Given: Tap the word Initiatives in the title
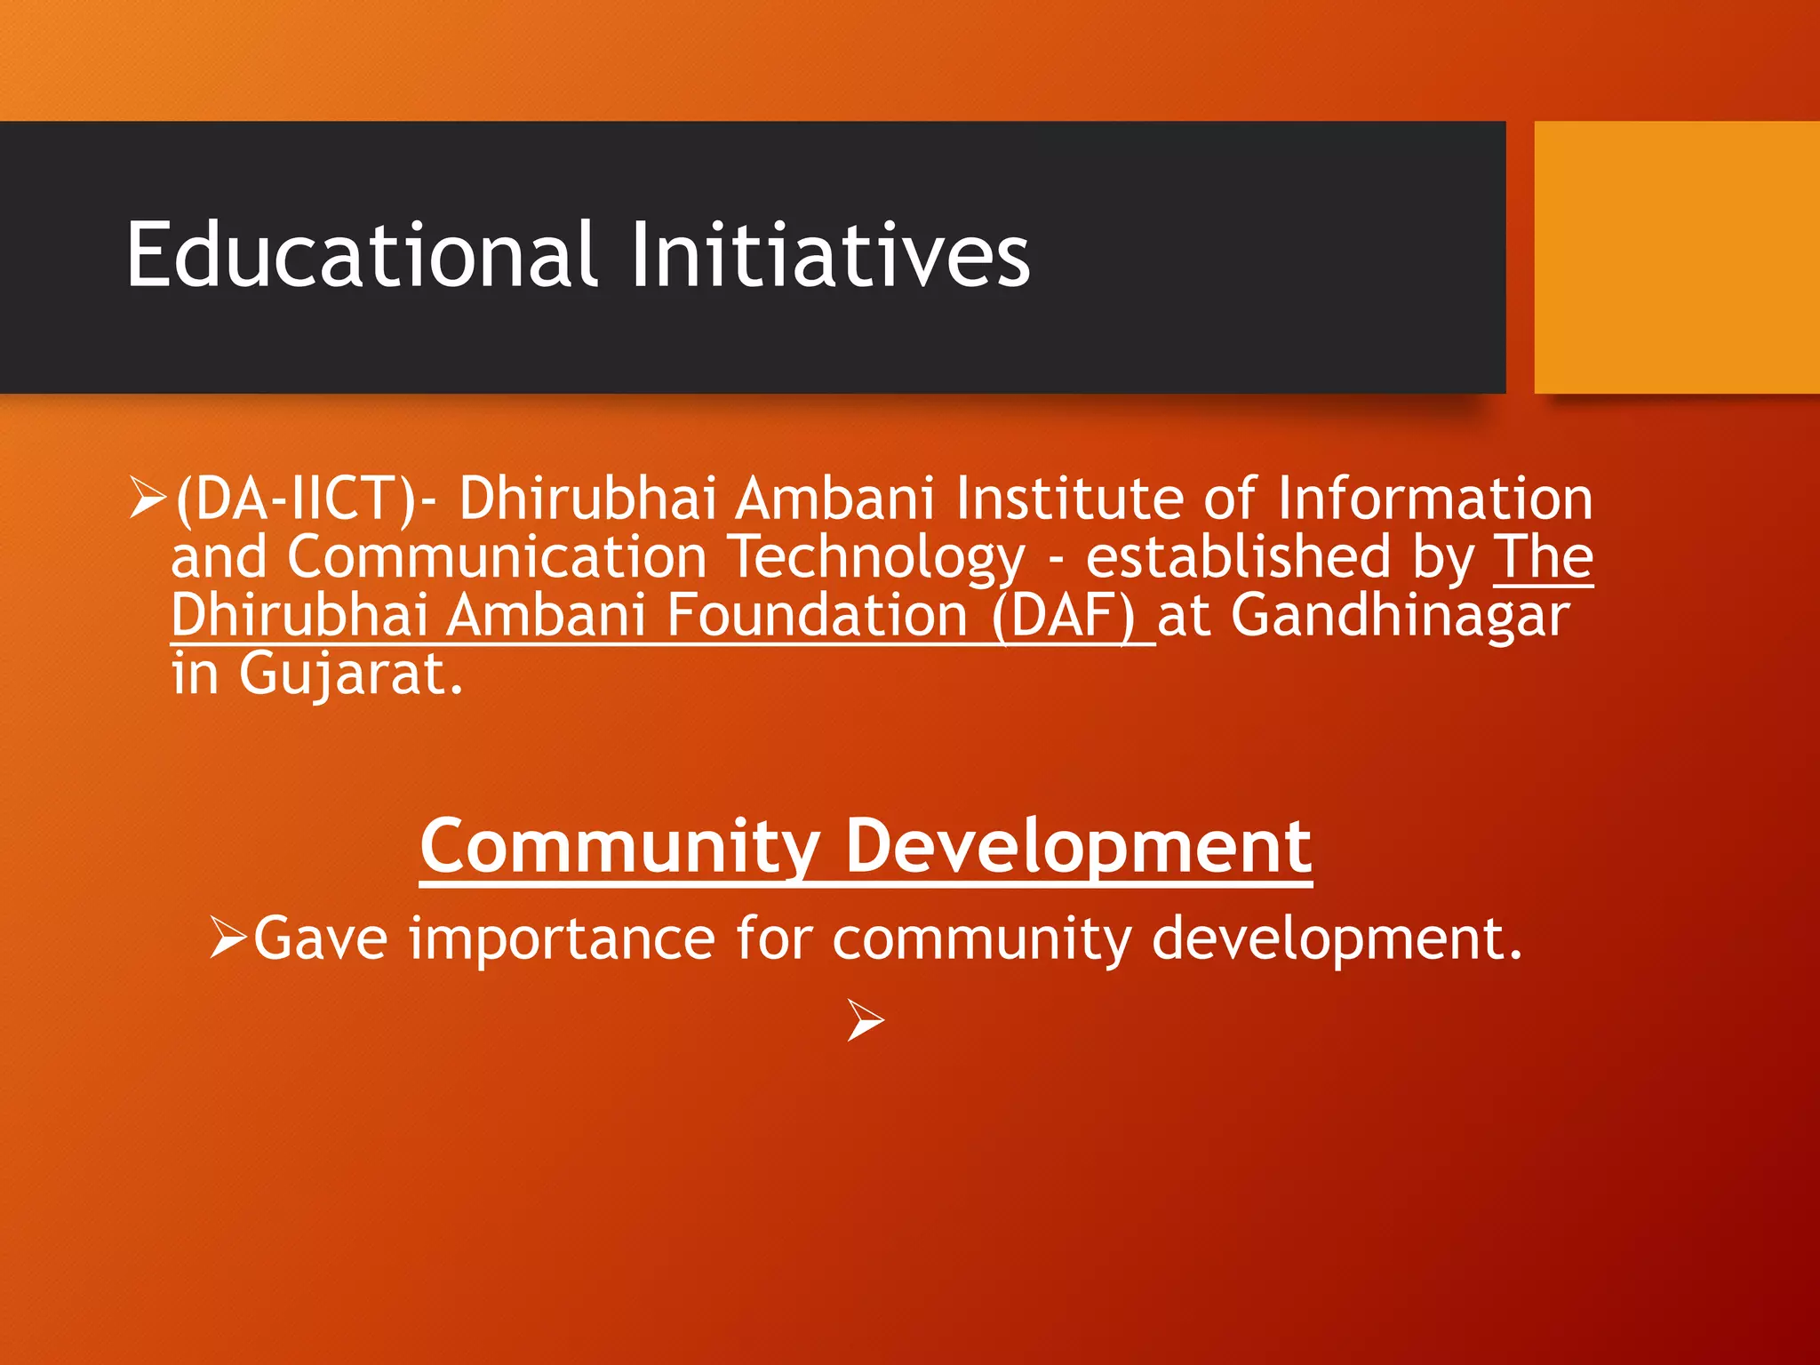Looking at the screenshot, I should (830, 256).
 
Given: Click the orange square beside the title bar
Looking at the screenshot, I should (1676, 258).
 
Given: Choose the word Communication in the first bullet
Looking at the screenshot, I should (497, 557).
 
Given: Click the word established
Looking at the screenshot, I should (1238, 557).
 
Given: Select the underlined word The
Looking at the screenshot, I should (1543, 557).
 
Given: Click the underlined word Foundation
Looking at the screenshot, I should (817, 616).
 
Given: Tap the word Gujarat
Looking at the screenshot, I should (351, 675).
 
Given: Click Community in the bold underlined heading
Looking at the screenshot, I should (619, 847).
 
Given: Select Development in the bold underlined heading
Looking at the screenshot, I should (1078, 847).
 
